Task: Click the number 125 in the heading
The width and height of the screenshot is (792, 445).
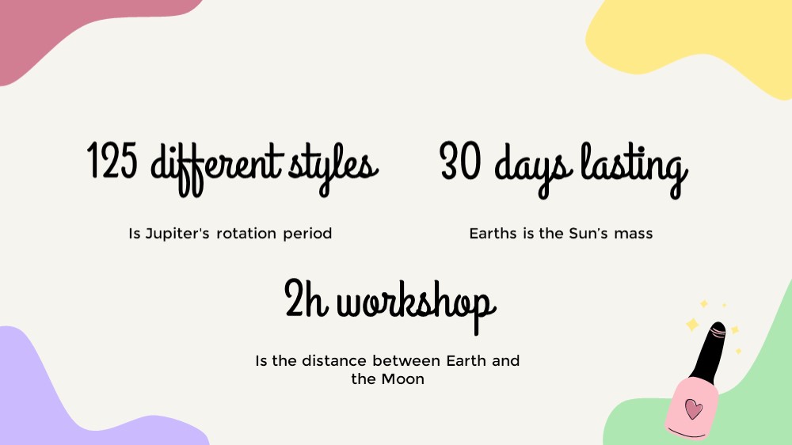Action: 112,161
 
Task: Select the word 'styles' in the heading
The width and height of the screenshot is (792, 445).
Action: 333,169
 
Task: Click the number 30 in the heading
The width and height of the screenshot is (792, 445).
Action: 459,161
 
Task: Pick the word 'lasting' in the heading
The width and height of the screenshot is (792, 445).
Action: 634,169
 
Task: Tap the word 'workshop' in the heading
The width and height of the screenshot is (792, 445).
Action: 417,305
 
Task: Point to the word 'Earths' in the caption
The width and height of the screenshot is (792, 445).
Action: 493,234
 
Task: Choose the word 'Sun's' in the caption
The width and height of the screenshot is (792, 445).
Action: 588,234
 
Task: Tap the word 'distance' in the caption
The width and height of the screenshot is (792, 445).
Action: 334,360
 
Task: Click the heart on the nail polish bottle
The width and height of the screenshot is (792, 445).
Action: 693,408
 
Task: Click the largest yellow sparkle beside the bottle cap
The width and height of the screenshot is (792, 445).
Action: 692,324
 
